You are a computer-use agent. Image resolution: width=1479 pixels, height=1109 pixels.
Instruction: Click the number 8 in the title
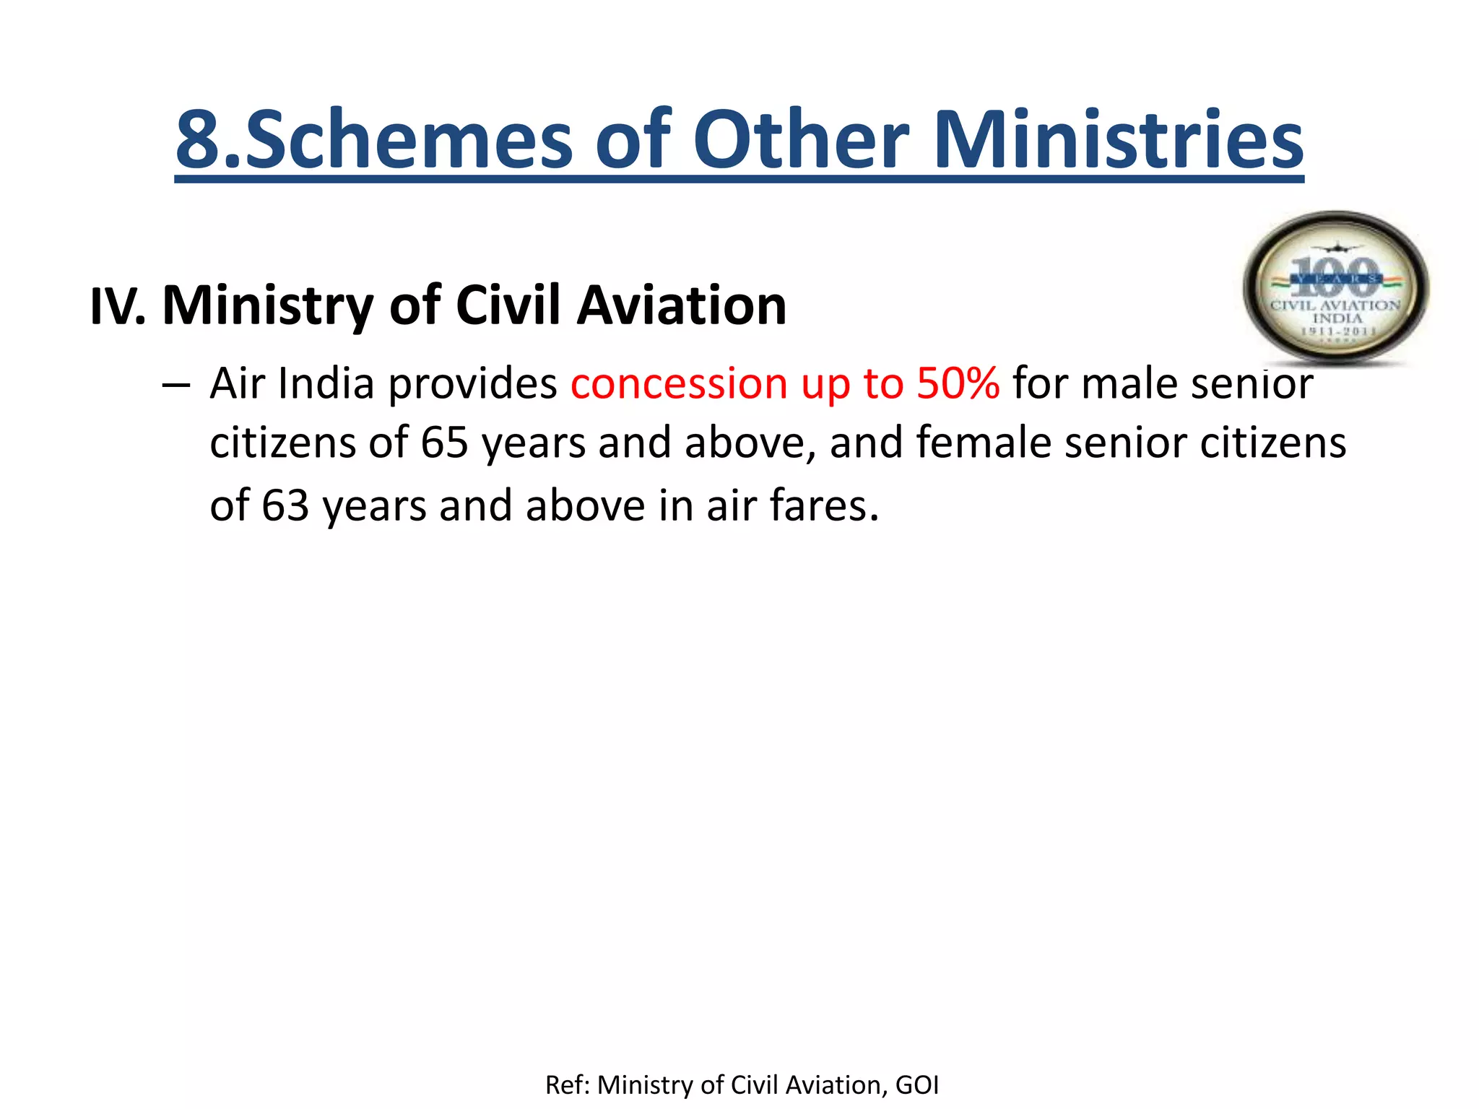(198, 139)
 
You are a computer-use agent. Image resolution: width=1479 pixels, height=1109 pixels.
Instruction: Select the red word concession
(678, 383)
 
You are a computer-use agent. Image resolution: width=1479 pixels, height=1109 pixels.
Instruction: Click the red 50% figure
(958, 383)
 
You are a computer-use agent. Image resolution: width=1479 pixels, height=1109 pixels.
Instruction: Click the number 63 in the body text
(285, 505)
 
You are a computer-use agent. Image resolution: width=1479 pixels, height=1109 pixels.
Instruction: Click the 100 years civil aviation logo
(1335, 289)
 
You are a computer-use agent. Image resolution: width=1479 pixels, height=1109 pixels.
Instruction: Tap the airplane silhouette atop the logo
(1336, 248)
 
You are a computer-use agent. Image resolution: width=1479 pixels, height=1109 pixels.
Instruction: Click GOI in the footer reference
(916, 1085)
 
